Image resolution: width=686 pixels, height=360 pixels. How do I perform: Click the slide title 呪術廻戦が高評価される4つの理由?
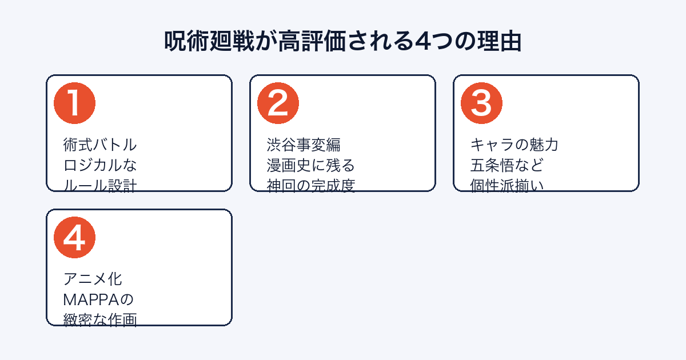point(342,41)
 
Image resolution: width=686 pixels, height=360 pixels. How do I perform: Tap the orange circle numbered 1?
point(74,103)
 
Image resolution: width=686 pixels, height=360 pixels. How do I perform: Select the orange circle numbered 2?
point(278,103)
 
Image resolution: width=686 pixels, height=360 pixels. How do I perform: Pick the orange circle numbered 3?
point(481,103)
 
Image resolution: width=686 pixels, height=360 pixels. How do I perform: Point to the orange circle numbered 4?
point(74,238)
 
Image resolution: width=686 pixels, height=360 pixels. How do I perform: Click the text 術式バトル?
point(100,145)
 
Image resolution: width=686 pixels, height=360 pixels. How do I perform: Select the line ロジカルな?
point(100,165)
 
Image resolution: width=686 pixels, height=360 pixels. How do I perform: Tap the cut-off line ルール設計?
point(100,185)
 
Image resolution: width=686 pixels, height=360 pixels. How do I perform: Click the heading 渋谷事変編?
point(304,145)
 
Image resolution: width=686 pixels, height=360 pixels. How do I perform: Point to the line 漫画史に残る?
point(310,165)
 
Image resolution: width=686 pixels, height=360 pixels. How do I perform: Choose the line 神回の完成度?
point(310,185)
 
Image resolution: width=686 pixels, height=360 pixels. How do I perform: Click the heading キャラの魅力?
point(514,145)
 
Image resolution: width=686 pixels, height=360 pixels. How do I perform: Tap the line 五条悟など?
point(507,165)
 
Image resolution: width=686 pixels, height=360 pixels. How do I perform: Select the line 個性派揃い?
point(507,185)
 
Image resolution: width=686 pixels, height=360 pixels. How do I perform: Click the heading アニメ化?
point(93,279)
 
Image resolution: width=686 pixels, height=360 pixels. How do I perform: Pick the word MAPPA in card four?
point(91,299)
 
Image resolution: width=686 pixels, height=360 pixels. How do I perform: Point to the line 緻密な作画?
point(100,319)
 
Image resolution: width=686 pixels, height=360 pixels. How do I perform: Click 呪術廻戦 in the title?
point(209,41)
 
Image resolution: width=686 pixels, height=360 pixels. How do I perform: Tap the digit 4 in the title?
point(422,41)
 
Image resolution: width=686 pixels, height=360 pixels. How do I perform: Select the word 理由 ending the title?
point(499,41)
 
